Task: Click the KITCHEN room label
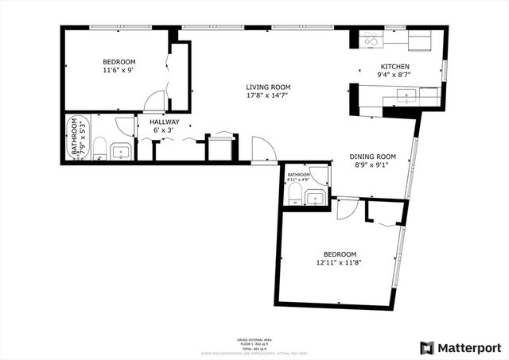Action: [x=394, y=67]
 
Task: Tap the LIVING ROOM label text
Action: [x=267, y=87]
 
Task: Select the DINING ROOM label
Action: [x=374, y=157]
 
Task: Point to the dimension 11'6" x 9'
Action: [x=119, y=70]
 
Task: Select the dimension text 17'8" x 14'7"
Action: [x=267, y=96]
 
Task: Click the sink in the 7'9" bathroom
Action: [x=121, y=151]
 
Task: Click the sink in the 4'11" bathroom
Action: [x=315, y=197]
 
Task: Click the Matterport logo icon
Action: [x=427, y=347]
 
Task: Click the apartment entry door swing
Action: [x=263, y=149]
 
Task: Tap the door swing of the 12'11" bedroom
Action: [x=345, y=208]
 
